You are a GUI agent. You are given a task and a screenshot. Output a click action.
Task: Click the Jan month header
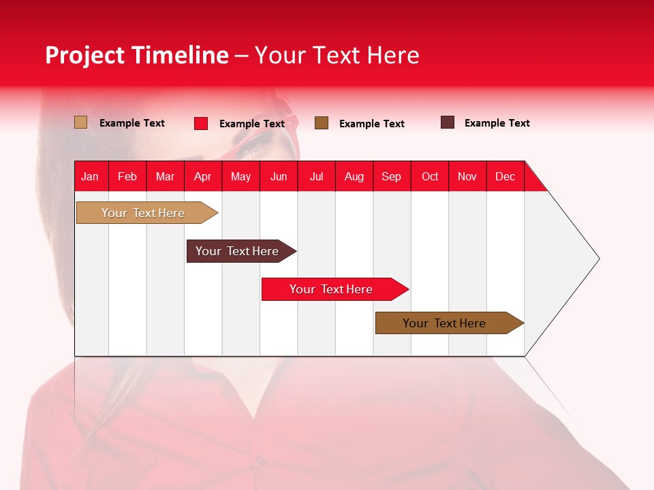tap(91, 176)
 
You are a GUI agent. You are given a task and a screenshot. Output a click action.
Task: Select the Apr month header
tap(203, 176)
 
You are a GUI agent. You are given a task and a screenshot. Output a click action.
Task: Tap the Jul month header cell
tap(316, 176)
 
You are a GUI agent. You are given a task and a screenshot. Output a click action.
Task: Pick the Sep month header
tap(391, 176)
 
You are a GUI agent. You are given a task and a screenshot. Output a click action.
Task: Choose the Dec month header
tap(505, 176)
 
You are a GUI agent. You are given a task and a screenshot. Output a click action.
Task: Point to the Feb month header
tap(127, 176)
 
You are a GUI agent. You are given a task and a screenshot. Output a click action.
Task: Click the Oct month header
tap(429, 176)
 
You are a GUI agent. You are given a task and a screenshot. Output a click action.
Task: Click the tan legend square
tap(81, 122)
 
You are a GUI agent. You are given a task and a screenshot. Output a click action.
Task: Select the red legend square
tap(201, 123)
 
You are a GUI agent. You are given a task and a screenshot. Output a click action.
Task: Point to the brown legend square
tap(322, 123)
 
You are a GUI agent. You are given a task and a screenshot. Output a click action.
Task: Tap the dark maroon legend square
tap(448, 122)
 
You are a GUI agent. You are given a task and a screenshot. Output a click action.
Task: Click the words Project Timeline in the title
tap(136, 55)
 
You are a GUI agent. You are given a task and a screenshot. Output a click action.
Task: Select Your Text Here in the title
tap(337, 55)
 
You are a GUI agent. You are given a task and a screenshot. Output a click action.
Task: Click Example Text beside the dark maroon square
tap(497, 123)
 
